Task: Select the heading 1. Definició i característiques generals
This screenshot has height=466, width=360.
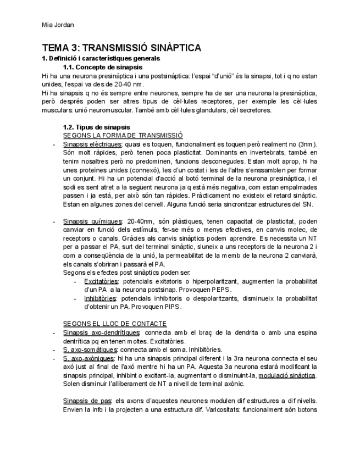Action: point(101,58)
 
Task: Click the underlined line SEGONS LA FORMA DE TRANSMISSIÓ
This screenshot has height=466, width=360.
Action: point(123,135)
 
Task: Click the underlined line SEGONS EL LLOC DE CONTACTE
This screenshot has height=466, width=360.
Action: point(115,324)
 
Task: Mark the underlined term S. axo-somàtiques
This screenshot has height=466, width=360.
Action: point(90,349)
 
